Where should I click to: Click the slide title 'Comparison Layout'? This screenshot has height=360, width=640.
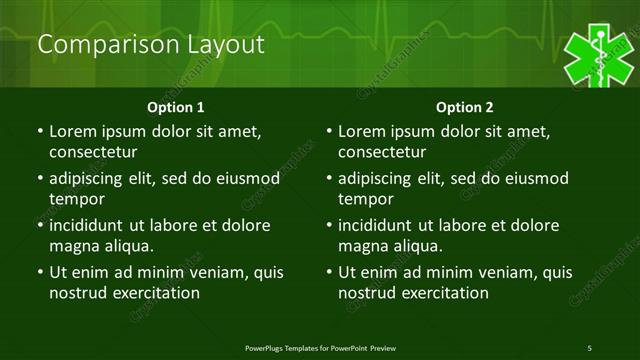[x=150, y=45]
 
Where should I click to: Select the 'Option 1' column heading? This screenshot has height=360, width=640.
[x=176, y=107]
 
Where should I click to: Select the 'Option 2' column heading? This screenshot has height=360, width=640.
[x=465, y=107]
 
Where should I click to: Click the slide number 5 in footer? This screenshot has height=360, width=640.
[x=589, y=347]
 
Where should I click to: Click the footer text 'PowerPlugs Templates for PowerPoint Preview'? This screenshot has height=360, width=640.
[x=320, y=347]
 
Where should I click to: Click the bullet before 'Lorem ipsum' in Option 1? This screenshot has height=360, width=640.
[x=40, y=131]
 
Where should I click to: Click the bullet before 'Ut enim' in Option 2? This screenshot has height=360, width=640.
[x=330, y=272]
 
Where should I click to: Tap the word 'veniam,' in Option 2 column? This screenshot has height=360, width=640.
[x=510, y=272]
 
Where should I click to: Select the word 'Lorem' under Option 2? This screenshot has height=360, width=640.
[x=361, y=131]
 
